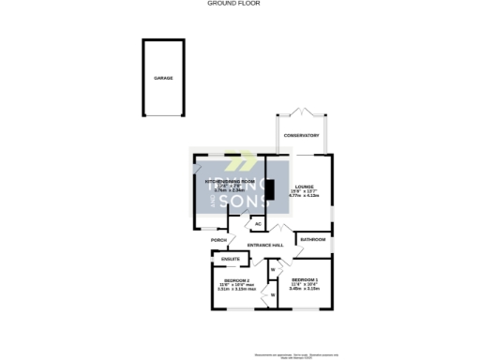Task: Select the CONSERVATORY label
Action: [x=301, y=135]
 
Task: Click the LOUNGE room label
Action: [x=304, y=187]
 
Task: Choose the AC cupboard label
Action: [x=256, y=225]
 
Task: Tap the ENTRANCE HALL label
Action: [x=265, y=246]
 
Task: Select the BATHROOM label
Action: [x=313, y=240]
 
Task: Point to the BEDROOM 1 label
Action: [x=306, y=280]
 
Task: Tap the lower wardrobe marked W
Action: [x=273, y=296]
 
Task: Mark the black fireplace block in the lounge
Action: [x=270, y=190]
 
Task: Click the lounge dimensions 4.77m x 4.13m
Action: [x=304, y=197]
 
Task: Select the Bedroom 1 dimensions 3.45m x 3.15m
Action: [x=306, y=290]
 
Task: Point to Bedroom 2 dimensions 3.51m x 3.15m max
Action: [x=236, y=290]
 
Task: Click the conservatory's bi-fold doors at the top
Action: [x=301, y=112]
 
